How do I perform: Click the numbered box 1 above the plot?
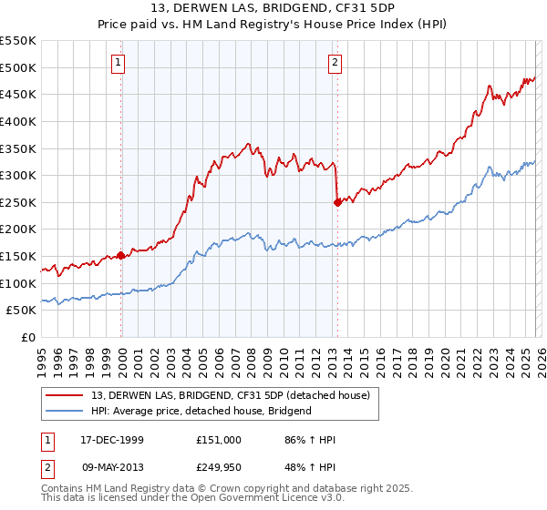click(x=119, y=63)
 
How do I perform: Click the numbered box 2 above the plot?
click(x=335, y=63)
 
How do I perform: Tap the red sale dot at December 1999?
click(x=121, y=256)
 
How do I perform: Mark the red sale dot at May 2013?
click(x=337, y=202)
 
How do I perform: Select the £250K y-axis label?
click(x=17, y=203)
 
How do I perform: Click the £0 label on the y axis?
click(x=27, y=338)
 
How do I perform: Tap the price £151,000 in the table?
click(x=218, y=440)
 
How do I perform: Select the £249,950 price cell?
click(x=218, y=467)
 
